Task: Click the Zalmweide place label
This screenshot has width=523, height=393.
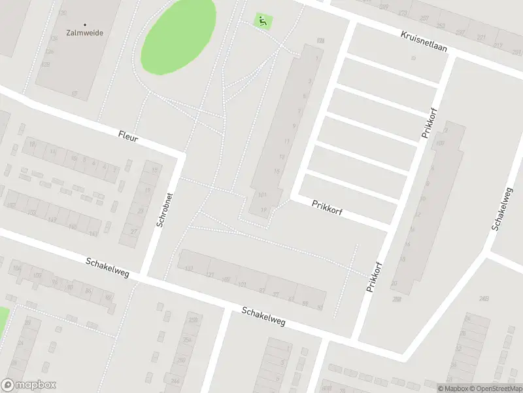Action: (85, 31)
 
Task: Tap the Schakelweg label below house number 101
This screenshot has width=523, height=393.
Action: (263, 317)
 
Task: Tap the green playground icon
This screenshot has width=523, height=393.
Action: (263, 22)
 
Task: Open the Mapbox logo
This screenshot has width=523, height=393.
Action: (28, 385)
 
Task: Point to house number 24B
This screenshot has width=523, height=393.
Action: (484, 299)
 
